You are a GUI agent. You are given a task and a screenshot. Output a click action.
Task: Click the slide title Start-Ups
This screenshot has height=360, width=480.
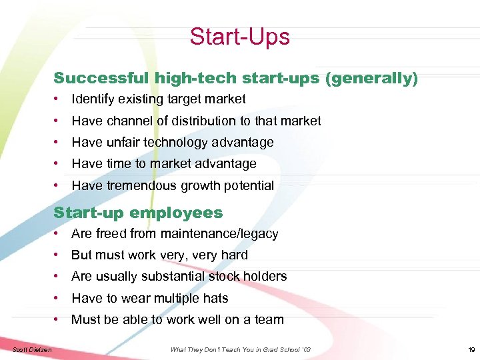239,36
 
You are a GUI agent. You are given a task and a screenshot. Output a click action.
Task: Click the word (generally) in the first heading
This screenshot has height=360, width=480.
371,78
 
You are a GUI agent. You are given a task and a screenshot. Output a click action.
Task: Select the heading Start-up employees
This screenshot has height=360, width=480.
138,213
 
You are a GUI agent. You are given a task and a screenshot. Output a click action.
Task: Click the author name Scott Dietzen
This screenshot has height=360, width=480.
33,349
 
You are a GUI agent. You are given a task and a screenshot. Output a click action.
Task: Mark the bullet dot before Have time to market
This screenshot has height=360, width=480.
59,163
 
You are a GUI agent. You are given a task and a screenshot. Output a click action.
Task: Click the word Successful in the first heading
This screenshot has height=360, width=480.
101,78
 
